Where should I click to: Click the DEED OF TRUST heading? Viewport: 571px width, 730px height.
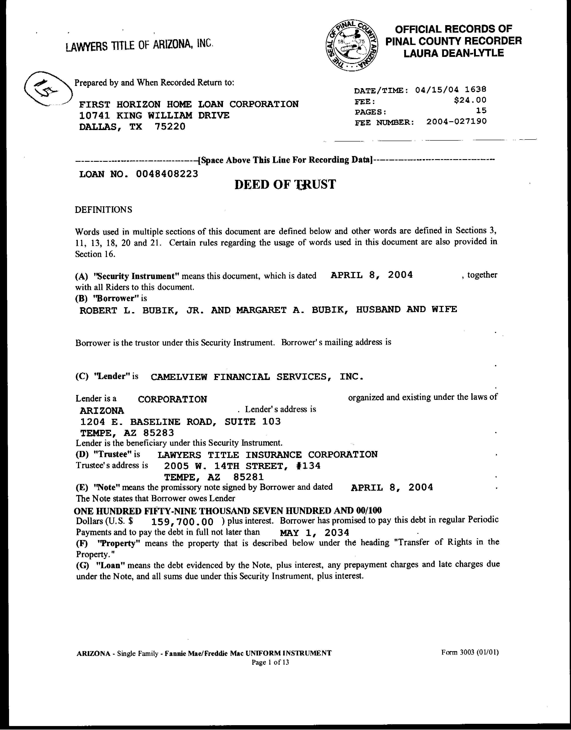(x=285, y=184)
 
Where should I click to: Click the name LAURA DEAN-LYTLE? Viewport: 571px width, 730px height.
(x=453, y=53)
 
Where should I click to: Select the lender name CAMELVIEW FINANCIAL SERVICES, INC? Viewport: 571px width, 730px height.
(x=257, y=377)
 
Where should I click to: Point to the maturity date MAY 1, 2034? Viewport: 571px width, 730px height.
(x=314, y=532)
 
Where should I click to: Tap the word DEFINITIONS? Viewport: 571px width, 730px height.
(x=103, y=210)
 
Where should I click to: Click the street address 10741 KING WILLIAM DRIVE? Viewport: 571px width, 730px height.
(x=154, y=115)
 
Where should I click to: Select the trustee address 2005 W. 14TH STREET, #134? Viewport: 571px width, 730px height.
(x=242, y=466)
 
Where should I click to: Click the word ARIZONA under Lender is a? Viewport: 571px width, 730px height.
(x=102, y=410)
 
